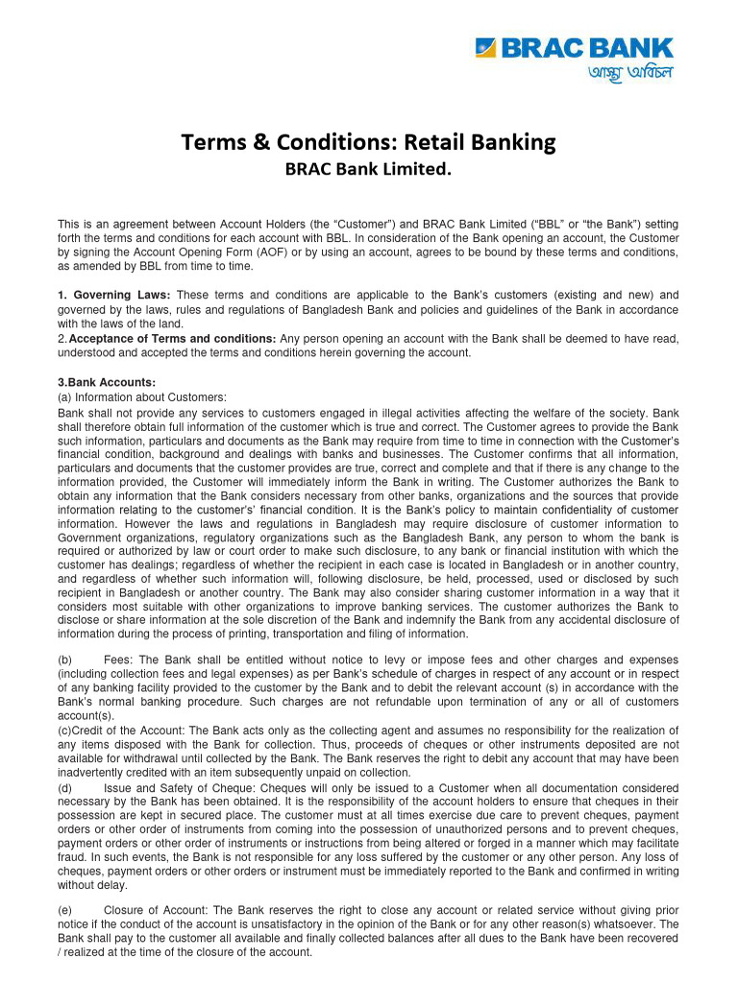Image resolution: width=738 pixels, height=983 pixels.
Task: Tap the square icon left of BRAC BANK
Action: (486, 48)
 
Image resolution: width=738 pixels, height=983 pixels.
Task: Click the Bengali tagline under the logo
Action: (630, 74)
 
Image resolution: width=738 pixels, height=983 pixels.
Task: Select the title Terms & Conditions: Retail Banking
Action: (369, 143)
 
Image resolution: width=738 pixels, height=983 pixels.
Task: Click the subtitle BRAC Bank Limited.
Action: (369, 171)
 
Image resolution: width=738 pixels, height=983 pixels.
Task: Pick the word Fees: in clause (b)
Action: (120, 660)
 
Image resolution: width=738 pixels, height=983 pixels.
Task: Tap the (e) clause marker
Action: (65, 910)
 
